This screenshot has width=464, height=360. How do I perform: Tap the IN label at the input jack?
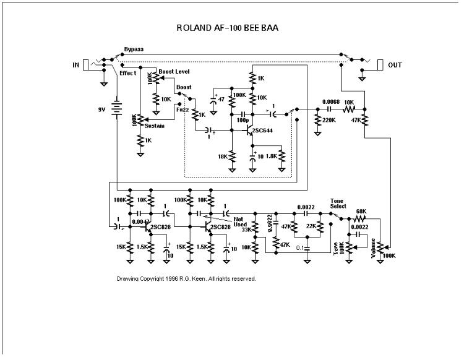[77, 64]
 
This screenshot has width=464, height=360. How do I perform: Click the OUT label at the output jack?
[394, 64]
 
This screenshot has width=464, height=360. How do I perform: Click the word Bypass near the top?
[133, 49]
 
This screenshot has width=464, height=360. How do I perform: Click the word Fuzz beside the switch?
[183, 109]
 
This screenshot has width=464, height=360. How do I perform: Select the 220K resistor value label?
[329, 119]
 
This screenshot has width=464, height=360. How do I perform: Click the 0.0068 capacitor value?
[331, 101]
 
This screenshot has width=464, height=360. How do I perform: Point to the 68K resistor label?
[362, 212]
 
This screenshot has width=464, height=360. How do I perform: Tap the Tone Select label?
[338, 203]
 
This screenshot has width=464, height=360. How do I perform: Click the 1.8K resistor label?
[272, 156]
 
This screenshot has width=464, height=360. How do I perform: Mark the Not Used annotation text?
[239, 221]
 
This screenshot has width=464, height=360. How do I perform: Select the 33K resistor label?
[246, 230]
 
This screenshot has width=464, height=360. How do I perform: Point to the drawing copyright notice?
[186, 279]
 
